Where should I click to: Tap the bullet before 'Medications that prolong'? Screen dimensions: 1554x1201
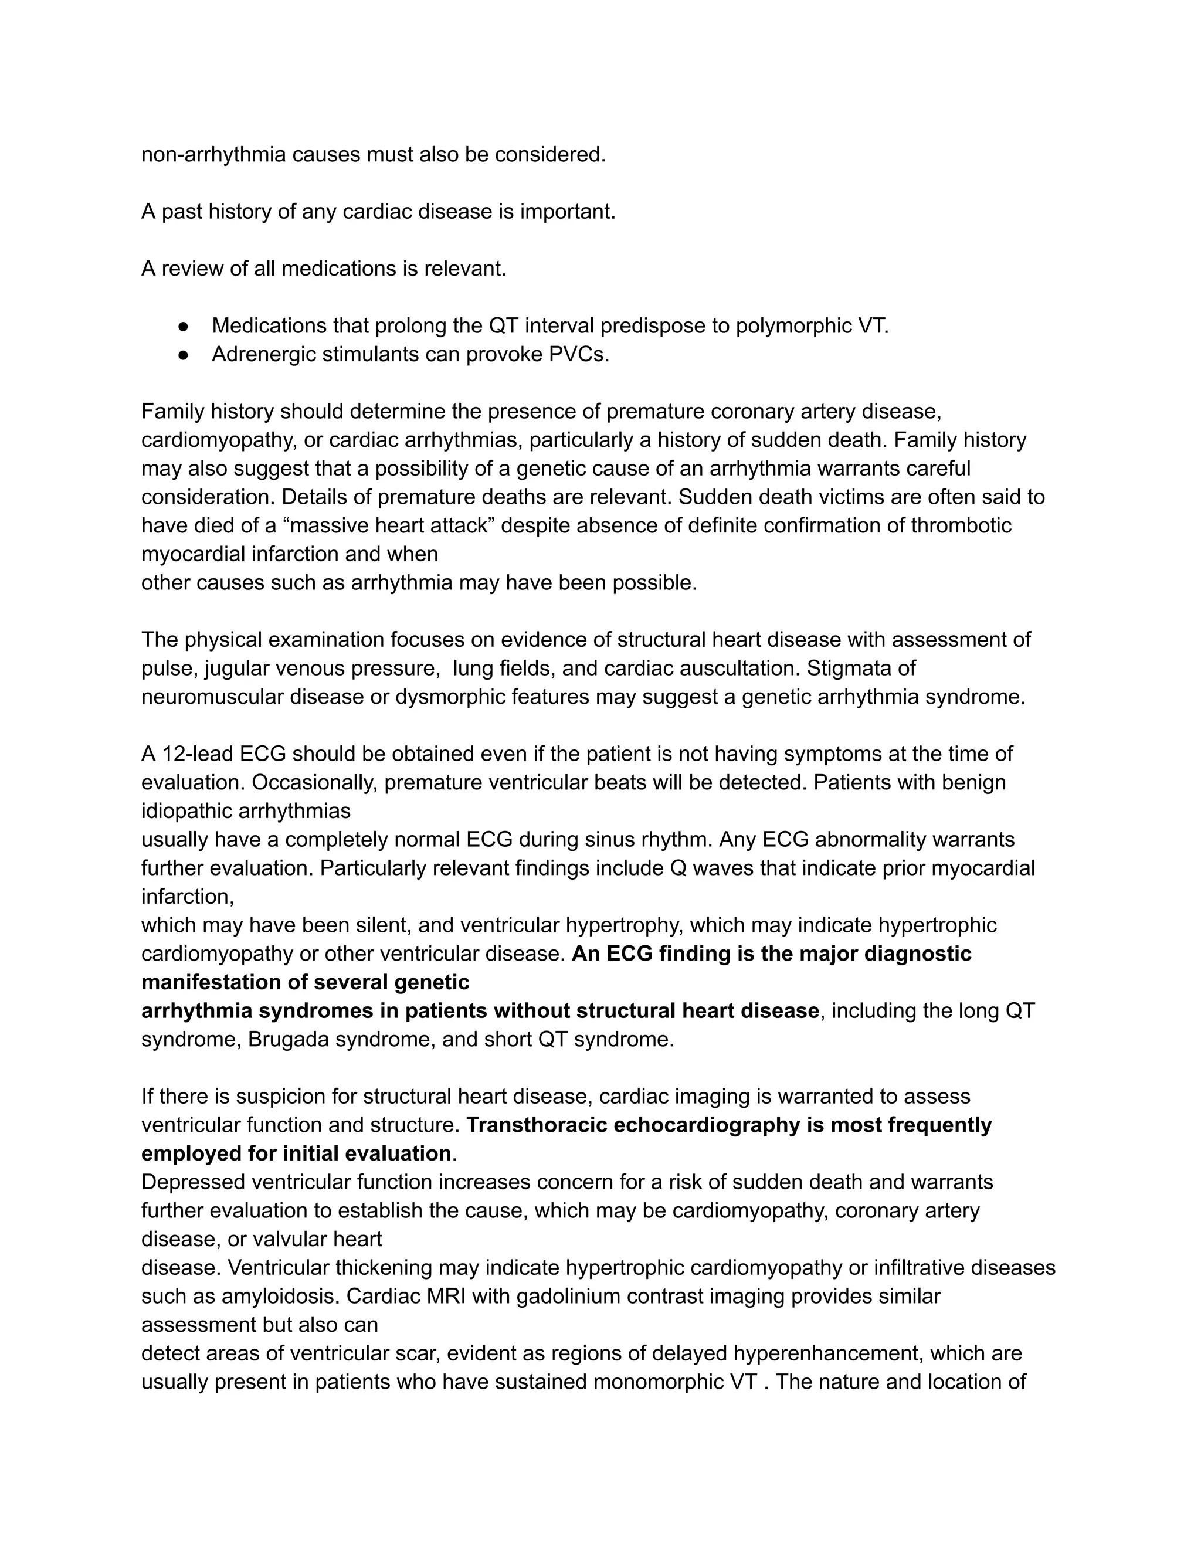coord(184,327)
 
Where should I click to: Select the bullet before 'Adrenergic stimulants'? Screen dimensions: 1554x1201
coord(184,355)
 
